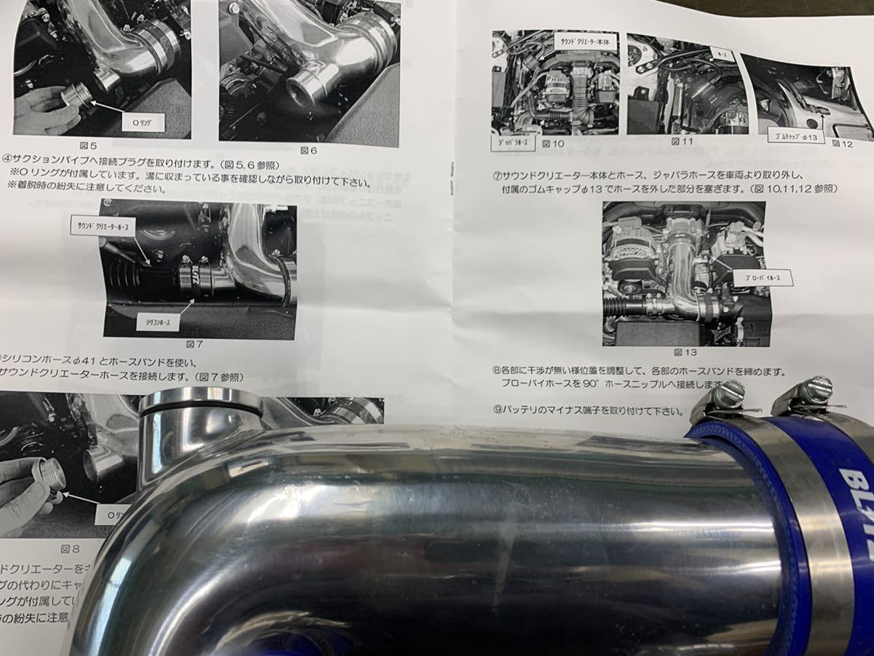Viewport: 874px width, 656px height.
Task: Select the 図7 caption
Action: tap(193, 343)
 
